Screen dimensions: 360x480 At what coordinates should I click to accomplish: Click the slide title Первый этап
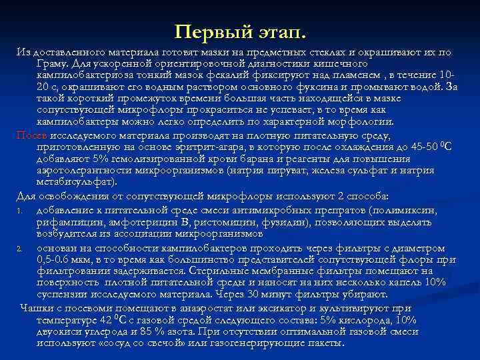(x=239, y=31)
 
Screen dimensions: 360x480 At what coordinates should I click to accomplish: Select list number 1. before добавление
(x=21, y=211)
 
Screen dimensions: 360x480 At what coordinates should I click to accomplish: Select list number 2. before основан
(x=21, y=247)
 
